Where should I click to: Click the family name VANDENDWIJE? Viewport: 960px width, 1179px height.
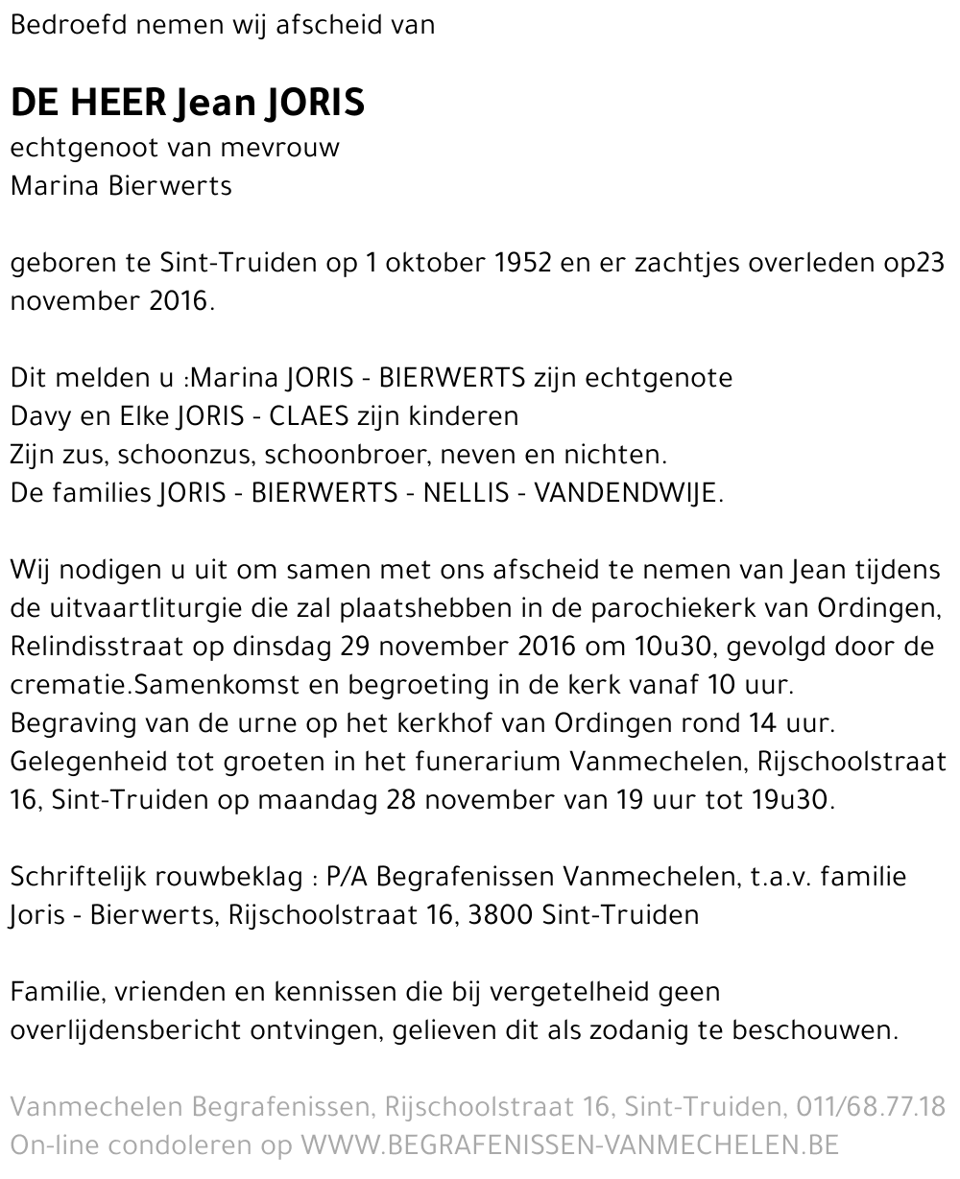click(625, 493)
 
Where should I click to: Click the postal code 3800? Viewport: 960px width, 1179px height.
click(499, 915)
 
